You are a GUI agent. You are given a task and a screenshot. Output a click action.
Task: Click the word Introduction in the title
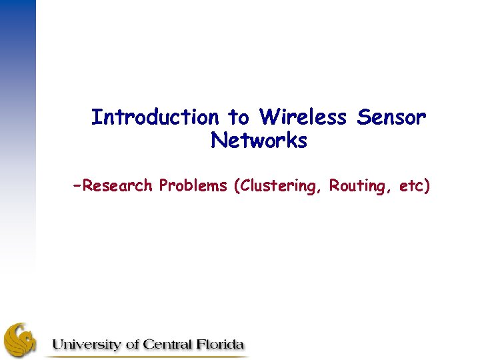coord(155,118)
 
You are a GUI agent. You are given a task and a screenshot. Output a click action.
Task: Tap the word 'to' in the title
coord(239,118)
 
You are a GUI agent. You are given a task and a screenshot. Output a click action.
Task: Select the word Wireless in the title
coord(303,118)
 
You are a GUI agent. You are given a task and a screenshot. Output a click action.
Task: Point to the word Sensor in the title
coord(391,118)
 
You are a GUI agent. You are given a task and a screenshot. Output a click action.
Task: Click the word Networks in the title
coord(259,141)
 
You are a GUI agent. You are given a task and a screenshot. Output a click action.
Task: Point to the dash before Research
coord(79,184)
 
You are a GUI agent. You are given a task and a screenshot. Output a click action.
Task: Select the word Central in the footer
coord(164,345)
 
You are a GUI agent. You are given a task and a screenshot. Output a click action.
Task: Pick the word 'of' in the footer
coord(129,345)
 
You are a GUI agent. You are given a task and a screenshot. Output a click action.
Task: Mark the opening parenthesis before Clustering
coord(236,186)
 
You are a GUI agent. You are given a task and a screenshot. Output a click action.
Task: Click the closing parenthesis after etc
coord(427,186)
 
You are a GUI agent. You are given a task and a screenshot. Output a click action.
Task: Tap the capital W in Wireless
coord(269,118)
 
